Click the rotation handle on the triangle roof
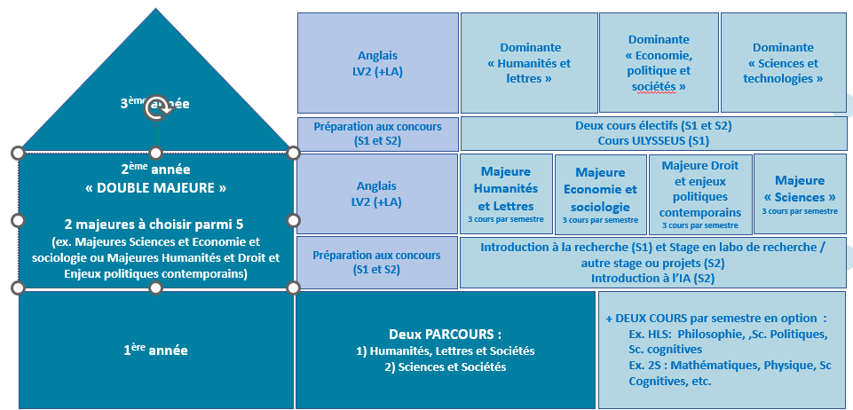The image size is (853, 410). pos(156,103)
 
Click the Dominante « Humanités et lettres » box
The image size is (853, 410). pos(529,63)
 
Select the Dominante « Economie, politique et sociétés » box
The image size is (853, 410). pos(659,63)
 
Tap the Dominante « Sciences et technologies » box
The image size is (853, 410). pos(783,63)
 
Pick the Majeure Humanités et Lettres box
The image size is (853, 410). pos(505,193)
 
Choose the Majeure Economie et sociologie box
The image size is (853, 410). pos(600,193)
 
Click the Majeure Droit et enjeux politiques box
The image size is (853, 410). pos(700,193)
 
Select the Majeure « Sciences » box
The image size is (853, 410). pos(800,193)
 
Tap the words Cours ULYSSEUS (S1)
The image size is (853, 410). pos(653,141)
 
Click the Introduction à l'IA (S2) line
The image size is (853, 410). pos(652,279)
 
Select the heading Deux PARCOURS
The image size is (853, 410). pos(445,335)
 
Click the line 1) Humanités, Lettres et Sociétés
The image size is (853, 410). pos(445,351)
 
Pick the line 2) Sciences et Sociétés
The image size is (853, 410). pos(445,367)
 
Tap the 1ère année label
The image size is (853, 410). pos(155,351)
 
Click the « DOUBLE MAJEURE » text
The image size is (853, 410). pos(156,188)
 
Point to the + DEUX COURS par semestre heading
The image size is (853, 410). pos(715,318)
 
